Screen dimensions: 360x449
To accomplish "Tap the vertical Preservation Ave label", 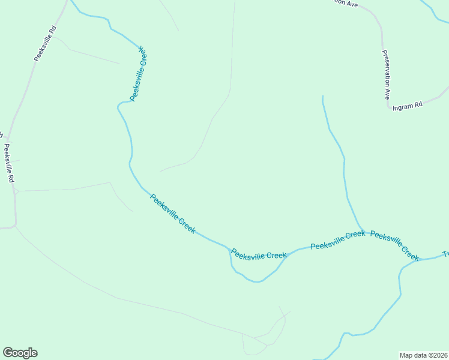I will [x=385, y=74].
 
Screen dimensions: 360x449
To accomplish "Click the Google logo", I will [x=20, y=353].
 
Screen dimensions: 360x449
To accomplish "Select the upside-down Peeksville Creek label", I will [x=139, y=74].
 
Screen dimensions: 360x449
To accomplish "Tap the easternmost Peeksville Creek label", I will [x=394, y=245].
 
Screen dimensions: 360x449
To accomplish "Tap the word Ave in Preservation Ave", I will [x=387, y=92].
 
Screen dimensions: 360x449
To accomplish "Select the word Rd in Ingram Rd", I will [x=418, y=104].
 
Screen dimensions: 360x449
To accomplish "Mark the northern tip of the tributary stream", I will [x=323, y=96].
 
